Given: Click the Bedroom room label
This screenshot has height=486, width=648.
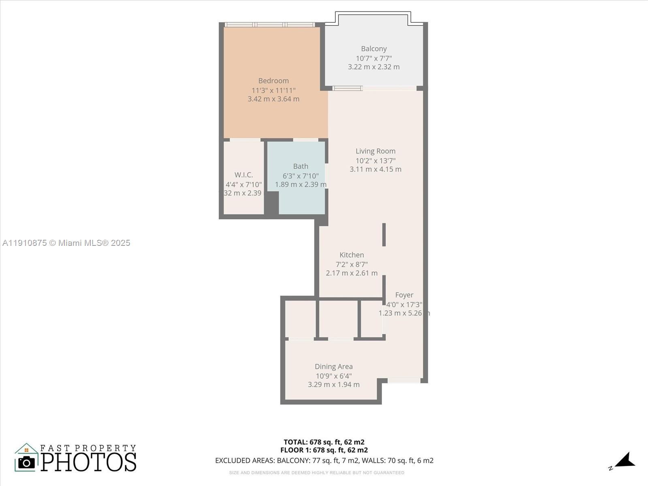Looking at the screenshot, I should [x=273, y=81].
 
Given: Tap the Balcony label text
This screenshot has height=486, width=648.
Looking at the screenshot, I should [x=374, y=49].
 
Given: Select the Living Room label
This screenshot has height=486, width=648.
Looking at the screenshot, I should [x=375, y=151].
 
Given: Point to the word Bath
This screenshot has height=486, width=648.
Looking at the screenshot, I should [x=301, y=166].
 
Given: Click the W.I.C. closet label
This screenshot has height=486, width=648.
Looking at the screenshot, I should [x=244, y=175].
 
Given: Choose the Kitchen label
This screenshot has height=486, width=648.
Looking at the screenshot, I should [x=352, y=255].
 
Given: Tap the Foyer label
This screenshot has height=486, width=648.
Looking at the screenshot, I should [x=404, y=295].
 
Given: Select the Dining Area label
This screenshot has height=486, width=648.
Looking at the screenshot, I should [x=334, y=367].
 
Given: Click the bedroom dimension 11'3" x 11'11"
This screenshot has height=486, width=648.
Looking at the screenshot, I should [x=273, y=90].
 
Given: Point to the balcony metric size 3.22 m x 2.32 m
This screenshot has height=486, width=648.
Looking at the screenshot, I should [x=374, y=67].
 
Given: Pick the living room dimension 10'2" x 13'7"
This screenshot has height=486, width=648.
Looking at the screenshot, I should [x=375, y=161].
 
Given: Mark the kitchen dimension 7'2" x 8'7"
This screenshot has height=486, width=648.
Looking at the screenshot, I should [x=352, y=264].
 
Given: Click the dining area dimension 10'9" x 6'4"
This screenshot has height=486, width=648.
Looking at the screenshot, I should [x=334, y=376].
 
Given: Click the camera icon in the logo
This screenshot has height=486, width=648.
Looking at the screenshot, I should [x=27, y=463].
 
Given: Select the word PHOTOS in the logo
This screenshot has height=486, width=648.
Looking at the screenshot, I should [x=88, y=462].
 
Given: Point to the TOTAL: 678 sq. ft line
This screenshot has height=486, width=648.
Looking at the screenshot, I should [x=324, y=442].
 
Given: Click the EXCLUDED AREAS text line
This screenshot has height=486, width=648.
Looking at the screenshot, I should [x=324, y=460].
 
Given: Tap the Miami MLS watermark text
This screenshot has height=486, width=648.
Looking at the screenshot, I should [x=66, y=243].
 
